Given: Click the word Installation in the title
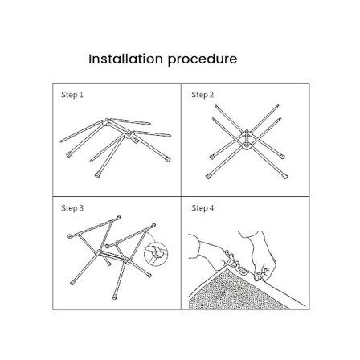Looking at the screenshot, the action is (x=125, y=59).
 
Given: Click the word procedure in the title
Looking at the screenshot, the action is (x=202, y=59).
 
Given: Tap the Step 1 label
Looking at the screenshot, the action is (x=72, y=95).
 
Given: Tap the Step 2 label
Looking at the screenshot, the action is (x=202, y=95).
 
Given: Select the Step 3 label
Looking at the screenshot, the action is (x=72, y=208).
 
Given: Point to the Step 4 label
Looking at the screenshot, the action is (x=202, y=208).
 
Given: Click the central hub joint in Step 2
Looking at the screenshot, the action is (x=247, y=140).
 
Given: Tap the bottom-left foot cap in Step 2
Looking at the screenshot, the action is (x=208, y=176).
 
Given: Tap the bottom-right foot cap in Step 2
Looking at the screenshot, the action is (x=285, y=176).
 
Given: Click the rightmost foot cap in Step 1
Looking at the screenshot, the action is (x=168, y=158).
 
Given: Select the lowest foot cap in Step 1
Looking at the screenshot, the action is (x=97, y=175).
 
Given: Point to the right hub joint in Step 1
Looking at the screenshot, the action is (x=129, y=134).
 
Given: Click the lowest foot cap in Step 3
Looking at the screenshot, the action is (x=115, y=297).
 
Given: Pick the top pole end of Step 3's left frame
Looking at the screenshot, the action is (x=118, y=217).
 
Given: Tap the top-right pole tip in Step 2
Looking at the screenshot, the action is (x=278, y=106).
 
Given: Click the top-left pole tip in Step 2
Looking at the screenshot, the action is (x=216, y=106).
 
